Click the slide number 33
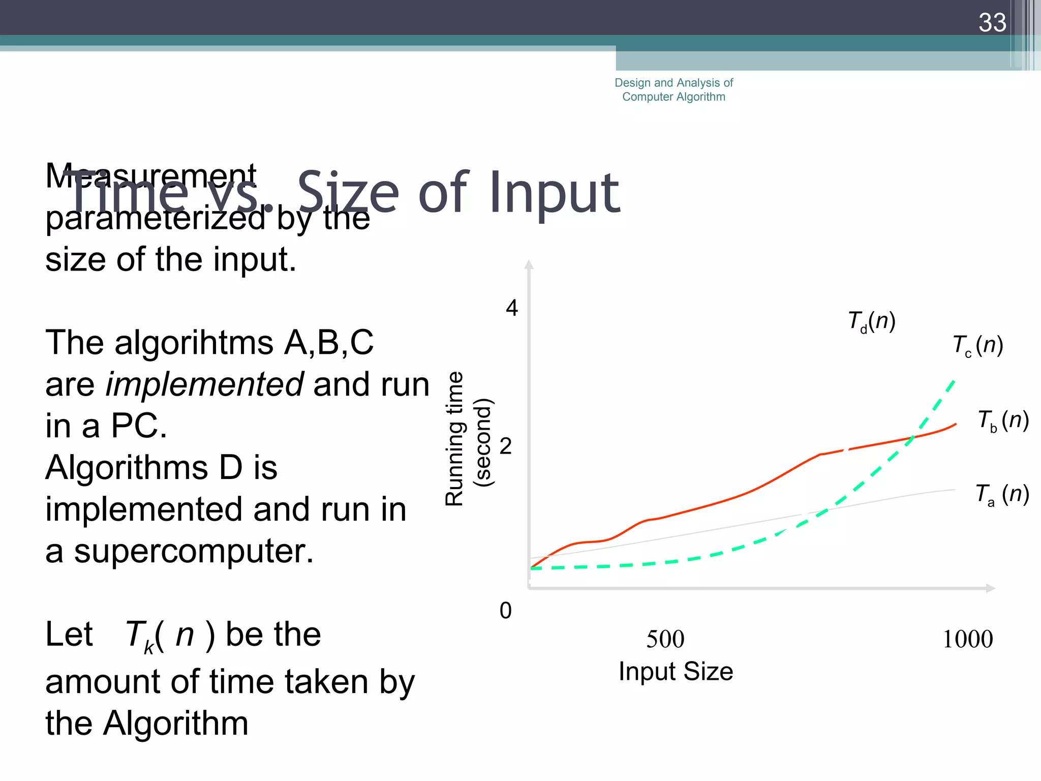[x=992, y=23]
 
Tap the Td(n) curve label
[x=872, y=322]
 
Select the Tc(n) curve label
[x=977, y=346]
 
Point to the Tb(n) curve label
[x=1003, y=421]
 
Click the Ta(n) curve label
[x=1002, y=494]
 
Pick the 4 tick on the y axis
[x=512, y=308]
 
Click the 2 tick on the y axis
[x=506, y=446]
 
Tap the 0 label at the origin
[x=506, y=610]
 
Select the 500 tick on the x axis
[x=665, y=639]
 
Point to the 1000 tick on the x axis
[x=968, y=639]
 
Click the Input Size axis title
[x=676, y=671]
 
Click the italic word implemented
[x=204, y=384]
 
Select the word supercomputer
[x=194, y=551]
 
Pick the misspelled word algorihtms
[x=194, y=343]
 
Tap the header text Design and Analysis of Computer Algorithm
[x=673, y=89]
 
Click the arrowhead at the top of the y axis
[x=529, y=264]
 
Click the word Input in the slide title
[x=554, y=193]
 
